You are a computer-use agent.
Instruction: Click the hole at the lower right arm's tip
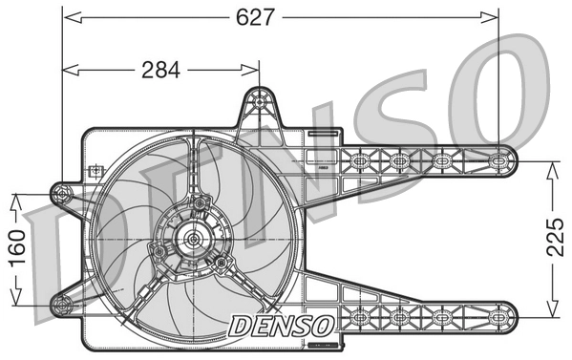pyautogui.click(x=503, y=314)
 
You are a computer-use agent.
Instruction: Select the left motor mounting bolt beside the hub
pyautogui.click(x=157, y=249)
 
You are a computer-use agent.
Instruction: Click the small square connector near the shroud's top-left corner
pyautogui.click(x=95, y=172)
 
